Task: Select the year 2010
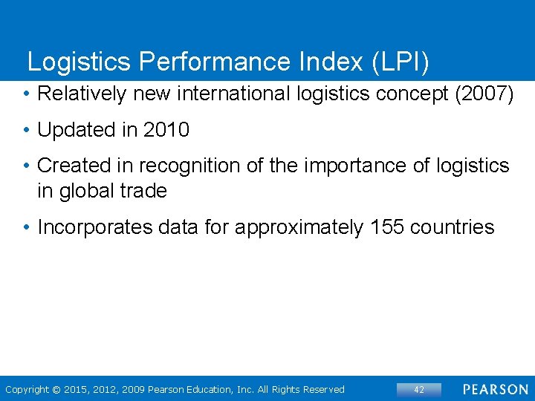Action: pos(166,130)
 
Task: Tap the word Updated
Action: pos(76,130)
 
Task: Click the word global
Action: pos(88,191)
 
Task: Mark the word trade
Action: pos(145,191)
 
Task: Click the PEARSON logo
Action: pos(495,390)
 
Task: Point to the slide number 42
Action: pos(418,390)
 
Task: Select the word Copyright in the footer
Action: pos(27,390)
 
